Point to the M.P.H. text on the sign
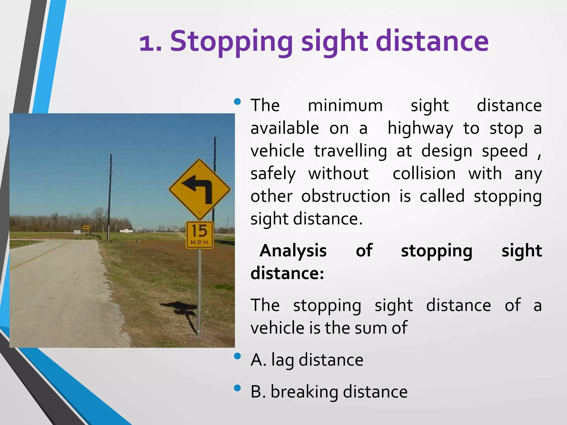(x=199, y=243)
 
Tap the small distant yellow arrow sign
(x=86, y=227)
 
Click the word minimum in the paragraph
(x=345, y=106)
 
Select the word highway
(x=420, y=129)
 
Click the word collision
(x=424, y=174)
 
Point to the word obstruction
(x=346, y=196)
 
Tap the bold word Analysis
(x=293, y=251)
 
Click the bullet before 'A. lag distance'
(x=237, y=356)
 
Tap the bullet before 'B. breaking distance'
(x=237, y=388)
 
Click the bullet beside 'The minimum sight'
(x=237, y=102)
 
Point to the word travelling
(x=350, y=151)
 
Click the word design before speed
(x=447, y=152)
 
